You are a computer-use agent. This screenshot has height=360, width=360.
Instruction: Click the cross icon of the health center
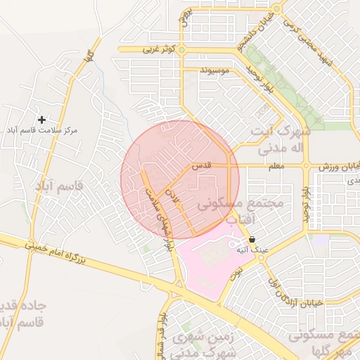tap(41, 120)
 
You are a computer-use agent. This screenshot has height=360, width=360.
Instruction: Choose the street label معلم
tap(275, 166)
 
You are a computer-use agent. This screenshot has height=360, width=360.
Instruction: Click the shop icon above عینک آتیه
tap(252, 239)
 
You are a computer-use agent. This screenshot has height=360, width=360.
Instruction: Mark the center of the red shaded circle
tap(180, 179)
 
